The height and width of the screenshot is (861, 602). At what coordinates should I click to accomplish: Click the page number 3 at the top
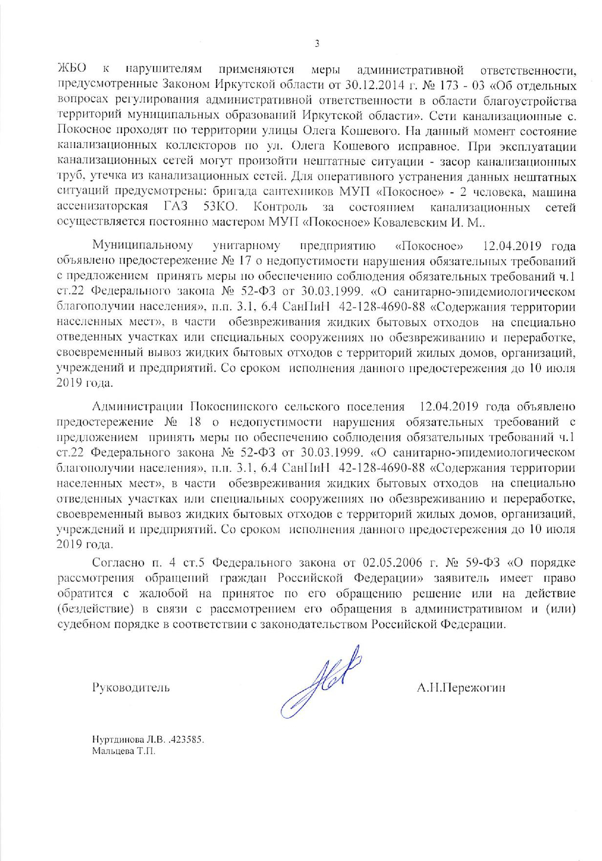click(316, 44)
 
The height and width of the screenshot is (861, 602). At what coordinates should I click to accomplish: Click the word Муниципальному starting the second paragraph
click(143, 245)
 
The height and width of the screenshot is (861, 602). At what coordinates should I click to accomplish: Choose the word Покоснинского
click(230, 406)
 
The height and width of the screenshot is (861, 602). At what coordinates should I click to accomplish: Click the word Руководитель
click(131, 688)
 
